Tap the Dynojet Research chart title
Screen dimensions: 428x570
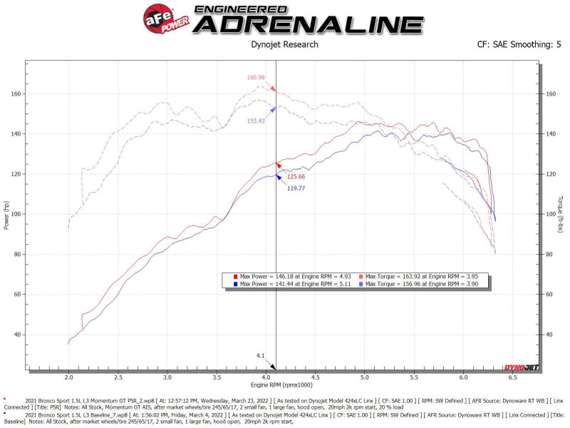coord(285,44)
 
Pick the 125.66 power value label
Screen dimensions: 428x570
coord(296,176)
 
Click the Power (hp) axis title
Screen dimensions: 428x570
coord(7,215)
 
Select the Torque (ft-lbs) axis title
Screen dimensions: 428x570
coord(561,215)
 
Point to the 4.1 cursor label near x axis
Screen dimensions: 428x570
coord(261,355)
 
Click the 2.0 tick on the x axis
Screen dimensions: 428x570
coord(68,377)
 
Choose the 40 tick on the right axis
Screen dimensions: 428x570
coord(551,335)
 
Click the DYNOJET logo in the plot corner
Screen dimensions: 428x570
coord(520,367)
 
